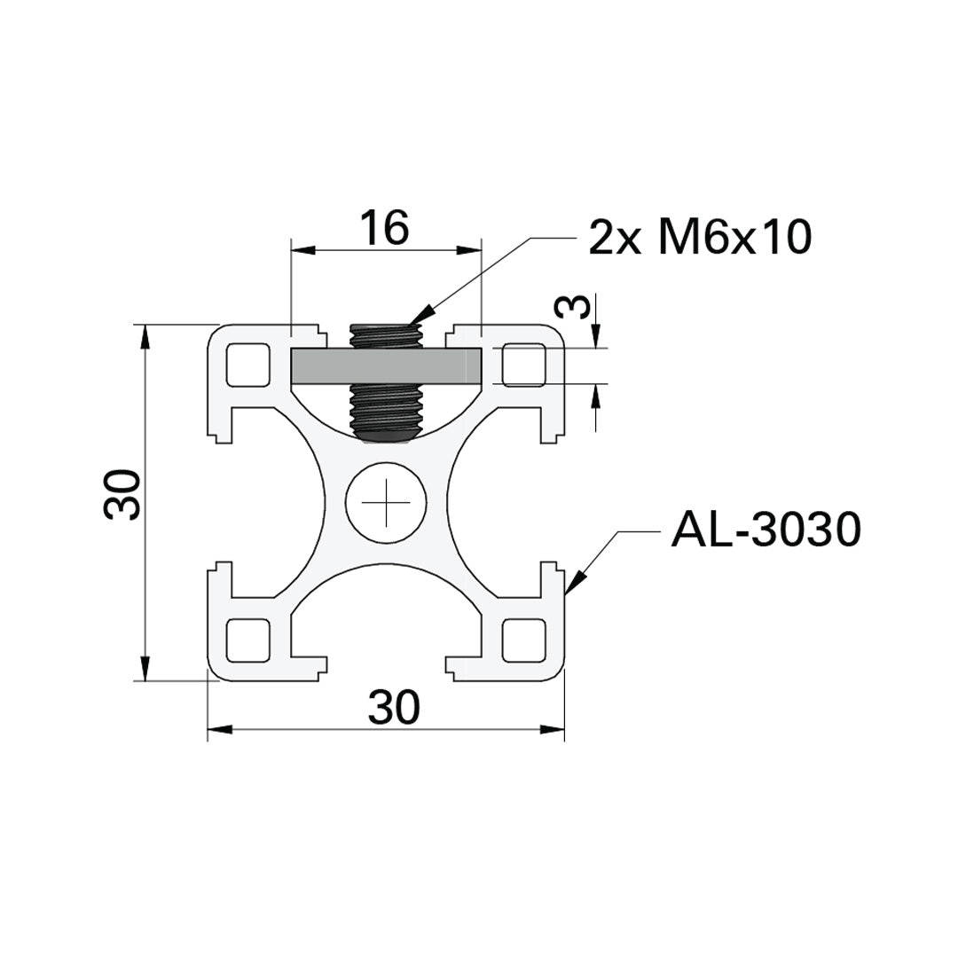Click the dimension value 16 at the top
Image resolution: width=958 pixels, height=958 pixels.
pyautogui.click(x=384, y=228)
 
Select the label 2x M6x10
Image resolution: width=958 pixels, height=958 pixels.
pyautogui.click(x=700, y=237)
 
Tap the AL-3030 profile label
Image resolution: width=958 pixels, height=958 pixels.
pyautogui.click(x=766, y=530)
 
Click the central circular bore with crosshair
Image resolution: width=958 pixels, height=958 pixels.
pyautogui.click(x=387, y=502)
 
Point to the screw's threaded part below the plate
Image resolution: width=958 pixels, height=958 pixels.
pyautogui.click(x=387, y=410)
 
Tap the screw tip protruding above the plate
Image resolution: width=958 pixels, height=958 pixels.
pyautogui.click(x=387, y=336)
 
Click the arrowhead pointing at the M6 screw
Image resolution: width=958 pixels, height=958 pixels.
pyautogui.click(x=420, y=315)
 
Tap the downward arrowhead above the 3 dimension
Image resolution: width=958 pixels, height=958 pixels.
pyautogui.click(x=596, y=338)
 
